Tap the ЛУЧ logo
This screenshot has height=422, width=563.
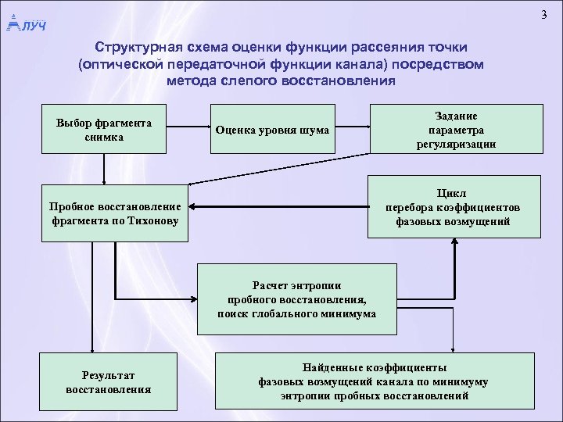click(x=25, y=24)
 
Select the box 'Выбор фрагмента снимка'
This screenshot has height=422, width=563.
click(x=103, y=129)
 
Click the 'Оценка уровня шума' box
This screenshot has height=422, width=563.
click(x=271, y=129)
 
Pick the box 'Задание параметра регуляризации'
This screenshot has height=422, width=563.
click(x=457, y=129)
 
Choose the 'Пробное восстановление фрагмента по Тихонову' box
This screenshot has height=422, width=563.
click(x=114, y=213)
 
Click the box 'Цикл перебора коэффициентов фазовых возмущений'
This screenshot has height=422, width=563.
click(x=453, y=207)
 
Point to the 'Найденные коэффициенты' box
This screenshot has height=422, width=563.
click(x=374, y=381)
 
